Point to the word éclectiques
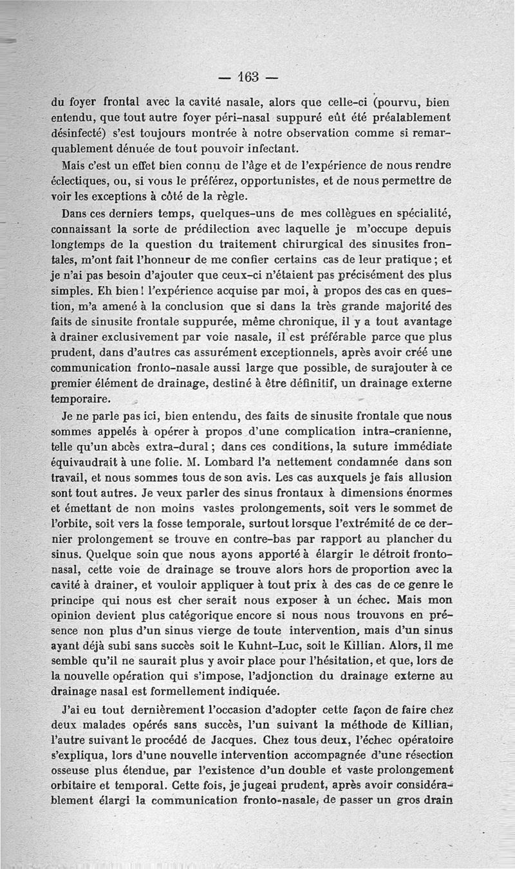pyautogui.click(x=78, y=181)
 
